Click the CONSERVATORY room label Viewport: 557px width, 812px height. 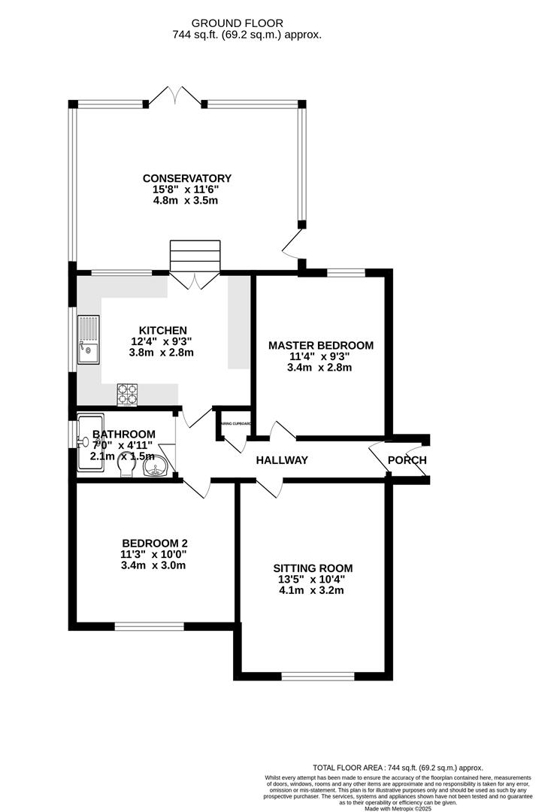click(187, 178)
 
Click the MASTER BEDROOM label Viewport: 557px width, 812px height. click(321, 345)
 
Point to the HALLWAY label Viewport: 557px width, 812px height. click(282, 460)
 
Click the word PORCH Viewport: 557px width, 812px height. click(407, 460)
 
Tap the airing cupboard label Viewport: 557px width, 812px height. click(235, 423)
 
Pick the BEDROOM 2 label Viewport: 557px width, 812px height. click(154, 544)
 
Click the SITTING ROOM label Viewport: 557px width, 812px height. click(313, 568)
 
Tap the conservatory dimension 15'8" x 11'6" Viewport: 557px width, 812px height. click(187, 189)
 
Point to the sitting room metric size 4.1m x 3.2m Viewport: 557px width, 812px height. click(313, 590)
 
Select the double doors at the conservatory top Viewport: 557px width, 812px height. click(175, 96)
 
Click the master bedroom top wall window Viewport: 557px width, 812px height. click(346, 272)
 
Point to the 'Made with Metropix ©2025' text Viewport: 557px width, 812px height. click(398, 808)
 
